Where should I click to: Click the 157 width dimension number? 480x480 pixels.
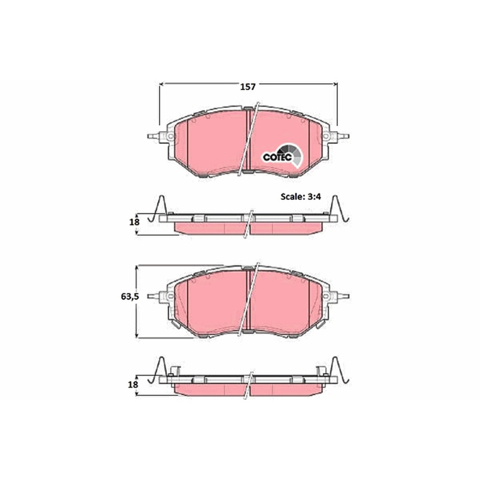click(247, 87)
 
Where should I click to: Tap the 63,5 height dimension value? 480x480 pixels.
click(130, 296)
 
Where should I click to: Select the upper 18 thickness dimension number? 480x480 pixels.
click(134, 222)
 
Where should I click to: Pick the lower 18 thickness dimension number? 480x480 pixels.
click(133, 384)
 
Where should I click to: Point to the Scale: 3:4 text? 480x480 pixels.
click(301, 197)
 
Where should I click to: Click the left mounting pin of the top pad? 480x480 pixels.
click(154, 136)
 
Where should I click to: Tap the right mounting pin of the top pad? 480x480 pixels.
click(343, 136)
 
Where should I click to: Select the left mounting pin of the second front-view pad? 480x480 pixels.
click(154, 296)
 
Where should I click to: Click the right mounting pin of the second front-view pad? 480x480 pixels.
click(343, 296)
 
